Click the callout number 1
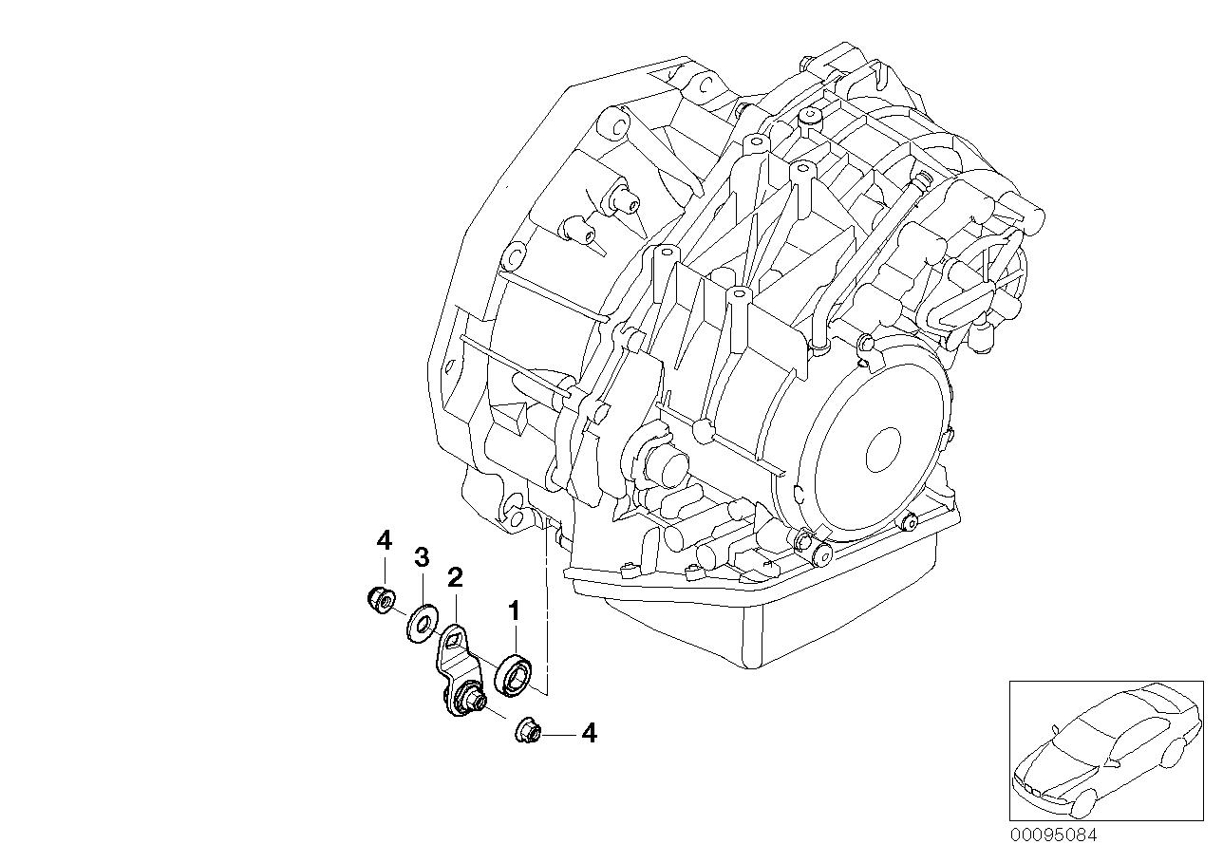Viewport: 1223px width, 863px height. pos(514,610)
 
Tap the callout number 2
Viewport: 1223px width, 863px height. pos(455,576)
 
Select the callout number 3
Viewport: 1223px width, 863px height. pos(422,557)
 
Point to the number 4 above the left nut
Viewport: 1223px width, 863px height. pos(384,541)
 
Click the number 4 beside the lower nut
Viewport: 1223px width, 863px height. pos(589,733)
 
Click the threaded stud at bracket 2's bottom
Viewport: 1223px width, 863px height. pos(471,703)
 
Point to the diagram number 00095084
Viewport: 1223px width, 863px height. pos(1052,835)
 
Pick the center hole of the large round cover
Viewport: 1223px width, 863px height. pos(883,445)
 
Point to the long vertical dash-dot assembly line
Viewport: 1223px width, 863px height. pos(547,608)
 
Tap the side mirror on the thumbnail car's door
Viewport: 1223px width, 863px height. pos(1055,729)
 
